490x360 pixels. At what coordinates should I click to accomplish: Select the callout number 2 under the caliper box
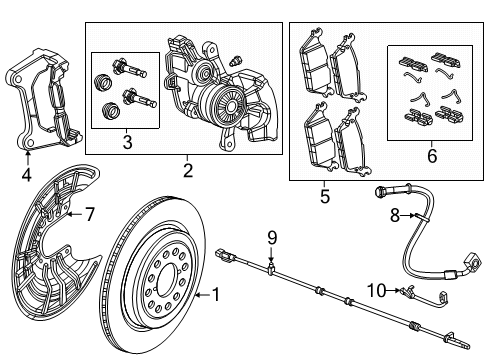(x=187, y=170)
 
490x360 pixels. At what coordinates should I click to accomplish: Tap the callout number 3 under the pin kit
(x=126, y=143)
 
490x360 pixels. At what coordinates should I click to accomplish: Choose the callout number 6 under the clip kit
(x=431, y=156)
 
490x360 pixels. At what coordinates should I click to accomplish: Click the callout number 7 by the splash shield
(x=89, y=213)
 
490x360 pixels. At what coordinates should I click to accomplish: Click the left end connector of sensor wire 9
(x=225, y=258)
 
